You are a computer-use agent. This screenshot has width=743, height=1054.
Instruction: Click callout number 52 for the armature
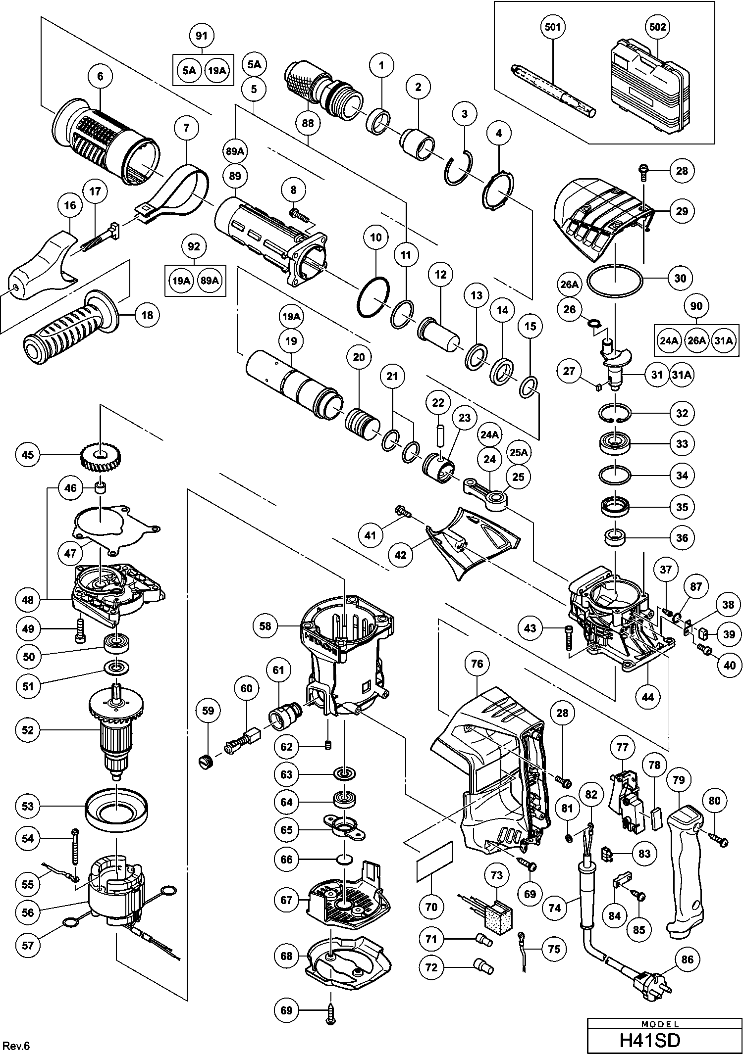pyautogui.click(x=28, y=730)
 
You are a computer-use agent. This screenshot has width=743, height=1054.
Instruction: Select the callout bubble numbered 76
pyautogui.click(x=477, y=664)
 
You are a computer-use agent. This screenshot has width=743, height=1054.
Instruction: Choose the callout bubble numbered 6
pyautogui.click(x=101, y=76)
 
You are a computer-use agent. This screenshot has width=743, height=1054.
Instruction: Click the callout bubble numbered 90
pyautogui.click(x=696, y=306)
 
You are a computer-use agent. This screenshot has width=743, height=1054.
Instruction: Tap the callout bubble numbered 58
pyautogui.click(x=265, y=626)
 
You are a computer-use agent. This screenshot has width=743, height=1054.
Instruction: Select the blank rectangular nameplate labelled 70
pyautogui.click(x=434, y=862)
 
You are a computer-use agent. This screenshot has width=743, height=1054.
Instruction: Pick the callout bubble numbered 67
pyautogui.click(x=287, y=900)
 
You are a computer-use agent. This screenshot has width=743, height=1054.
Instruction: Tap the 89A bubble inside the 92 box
pyautogui.click(x=209, y=281)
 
